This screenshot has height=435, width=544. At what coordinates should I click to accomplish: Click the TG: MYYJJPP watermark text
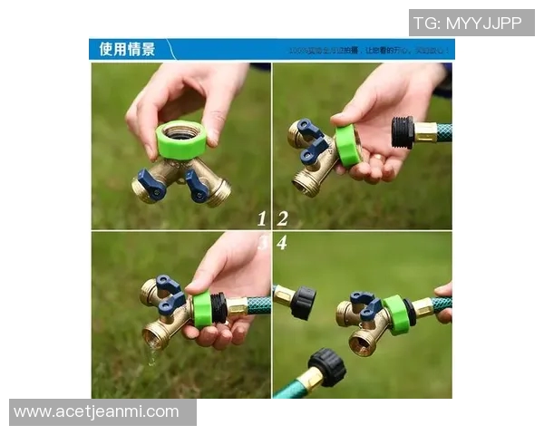point(468,23)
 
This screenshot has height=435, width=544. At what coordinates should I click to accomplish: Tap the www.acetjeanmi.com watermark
point(97,412)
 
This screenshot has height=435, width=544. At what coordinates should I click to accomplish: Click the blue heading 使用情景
point(127,49)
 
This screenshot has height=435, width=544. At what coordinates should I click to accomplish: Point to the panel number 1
point(262,218)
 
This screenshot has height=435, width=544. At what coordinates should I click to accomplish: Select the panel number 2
point(283,218)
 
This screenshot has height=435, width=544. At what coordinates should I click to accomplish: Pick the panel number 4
point(282,243)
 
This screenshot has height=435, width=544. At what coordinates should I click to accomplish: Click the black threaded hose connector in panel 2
point(403,132)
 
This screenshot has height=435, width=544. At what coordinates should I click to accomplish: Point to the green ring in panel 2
point(348,145)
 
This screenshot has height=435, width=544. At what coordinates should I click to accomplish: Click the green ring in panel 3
point(202,310)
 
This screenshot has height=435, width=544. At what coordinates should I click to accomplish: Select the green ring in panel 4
point(395,314)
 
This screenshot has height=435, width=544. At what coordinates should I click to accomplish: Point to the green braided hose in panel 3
point(259,305)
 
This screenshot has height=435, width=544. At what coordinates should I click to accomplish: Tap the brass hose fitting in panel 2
point(425,132)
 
